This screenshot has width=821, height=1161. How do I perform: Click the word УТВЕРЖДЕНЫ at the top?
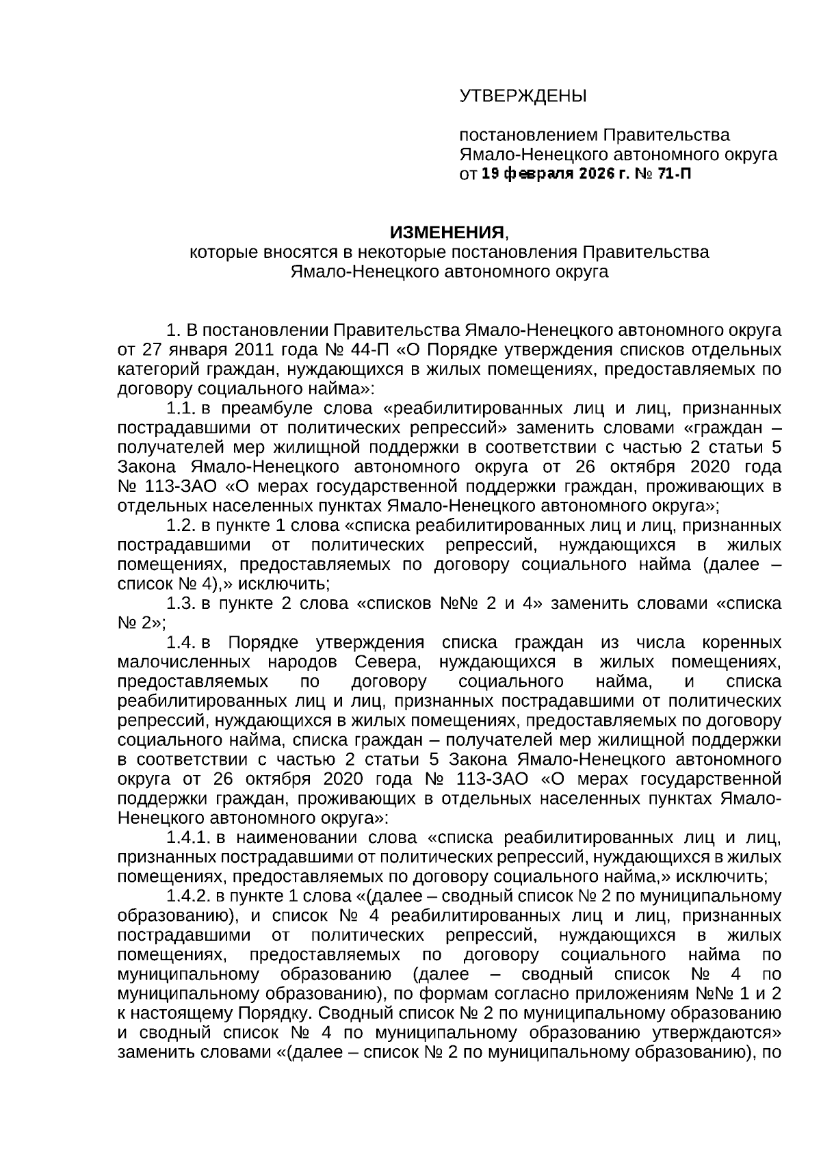pyautogui.click(x=523, y=96)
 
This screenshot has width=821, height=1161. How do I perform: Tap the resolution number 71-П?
pyautogui.click(x=673, y=174)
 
